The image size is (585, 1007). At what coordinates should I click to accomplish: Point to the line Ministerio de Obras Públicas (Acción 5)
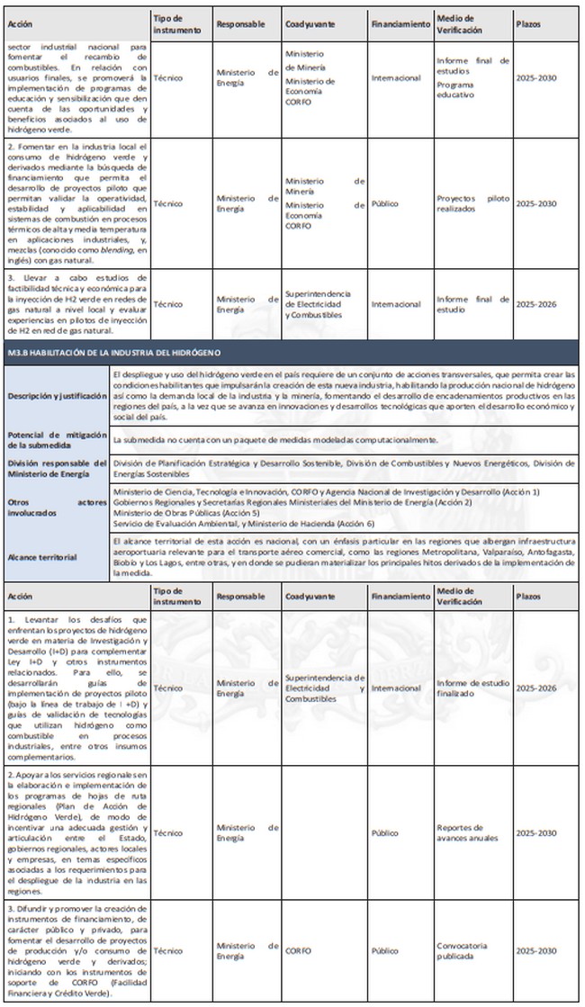182,512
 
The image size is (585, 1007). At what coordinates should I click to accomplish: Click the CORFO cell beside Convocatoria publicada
298,950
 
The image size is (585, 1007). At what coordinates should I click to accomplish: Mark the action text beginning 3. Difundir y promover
77,950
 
